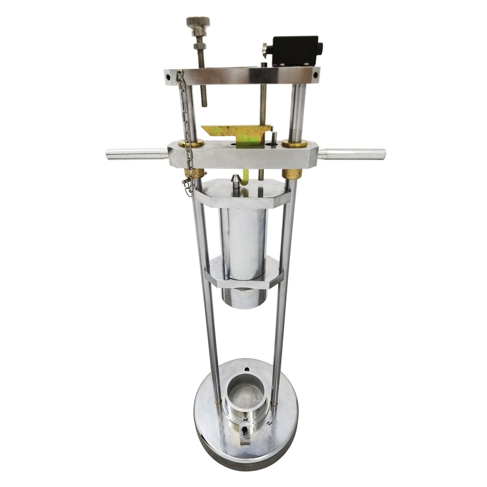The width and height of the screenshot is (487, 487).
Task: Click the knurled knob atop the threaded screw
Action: (198, 22)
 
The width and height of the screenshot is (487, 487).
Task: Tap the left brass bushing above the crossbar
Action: (191, 143)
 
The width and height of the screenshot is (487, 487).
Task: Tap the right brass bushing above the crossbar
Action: (295, 144)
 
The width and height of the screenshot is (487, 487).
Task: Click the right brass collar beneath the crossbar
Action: (292, 174)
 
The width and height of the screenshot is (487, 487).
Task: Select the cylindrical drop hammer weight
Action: (243, 243)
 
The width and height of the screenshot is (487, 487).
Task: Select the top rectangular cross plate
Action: (242, 76)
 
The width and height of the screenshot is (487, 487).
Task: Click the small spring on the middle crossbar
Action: (274, 137)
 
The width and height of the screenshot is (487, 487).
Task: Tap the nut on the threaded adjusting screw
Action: (199, 46)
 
